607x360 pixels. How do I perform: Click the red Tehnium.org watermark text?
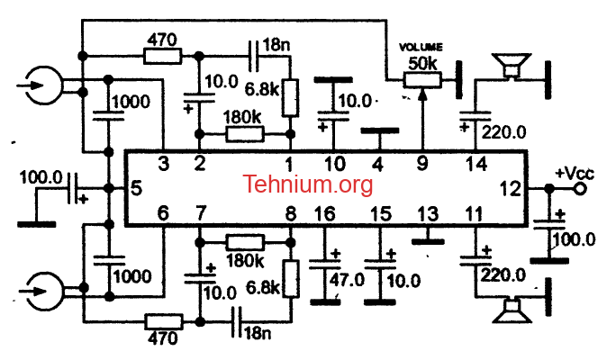pos(308,184)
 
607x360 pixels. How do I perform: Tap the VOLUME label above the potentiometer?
pos(421,47)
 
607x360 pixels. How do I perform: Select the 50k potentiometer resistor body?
pos(422,80)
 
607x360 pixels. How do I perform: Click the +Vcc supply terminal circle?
pos(580,189)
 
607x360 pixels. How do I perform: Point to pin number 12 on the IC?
pos(511,189)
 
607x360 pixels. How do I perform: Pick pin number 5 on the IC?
pos(136,188)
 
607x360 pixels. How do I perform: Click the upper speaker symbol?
pos(511,67)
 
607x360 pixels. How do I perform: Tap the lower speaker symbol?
pos(512,310)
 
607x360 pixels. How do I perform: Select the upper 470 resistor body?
pos(162,56)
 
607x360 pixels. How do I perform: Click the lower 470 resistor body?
pos(164,321)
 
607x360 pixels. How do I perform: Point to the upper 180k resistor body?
pos(245,134)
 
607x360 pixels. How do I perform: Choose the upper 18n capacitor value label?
pos(276,45)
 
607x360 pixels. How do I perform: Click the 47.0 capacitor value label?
pos(347,280)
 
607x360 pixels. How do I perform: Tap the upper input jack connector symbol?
pos(41,85)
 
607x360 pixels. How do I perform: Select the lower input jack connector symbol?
pos(41,292)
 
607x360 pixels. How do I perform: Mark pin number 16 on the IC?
pos(324,213)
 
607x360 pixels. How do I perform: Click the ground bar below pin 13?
pos(428,242)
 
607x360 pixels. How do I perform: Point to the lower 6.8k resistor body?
pos(290,278)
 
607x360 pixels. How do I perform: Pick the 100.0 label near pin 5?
pos(41,178)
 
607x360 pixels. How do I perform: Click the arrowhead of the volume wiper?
pos(422,94)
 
